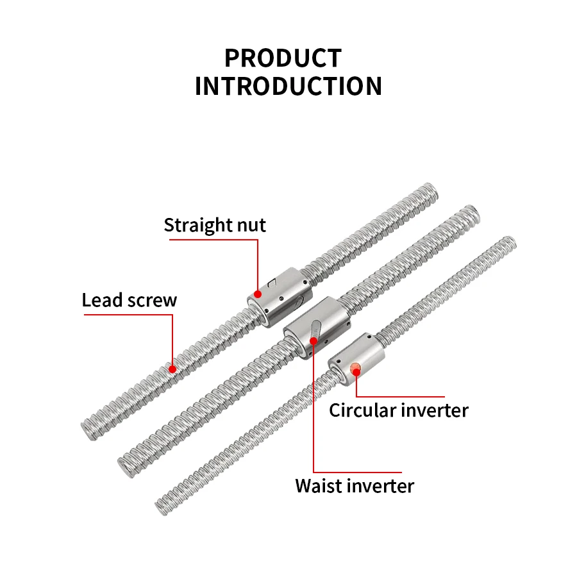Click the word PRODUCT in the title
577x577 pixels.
[283, 58]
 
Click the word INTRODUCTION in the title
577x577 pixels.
[288, 87]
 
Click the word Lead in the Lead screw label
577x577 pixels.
[101, 300]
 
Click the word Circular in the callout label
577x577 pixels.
[362, 410]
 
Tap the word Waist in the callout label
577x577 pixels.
[318, 485]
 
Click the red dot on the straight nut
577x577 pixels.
[258, 294]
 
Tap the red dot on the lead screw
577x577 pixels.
[172, 368]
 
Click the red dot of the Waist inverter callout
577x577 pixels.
[314, 340]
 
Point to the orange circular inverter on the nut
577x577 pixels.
[356, 368]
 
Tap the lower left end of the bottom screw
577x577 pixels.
[162, 506]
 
